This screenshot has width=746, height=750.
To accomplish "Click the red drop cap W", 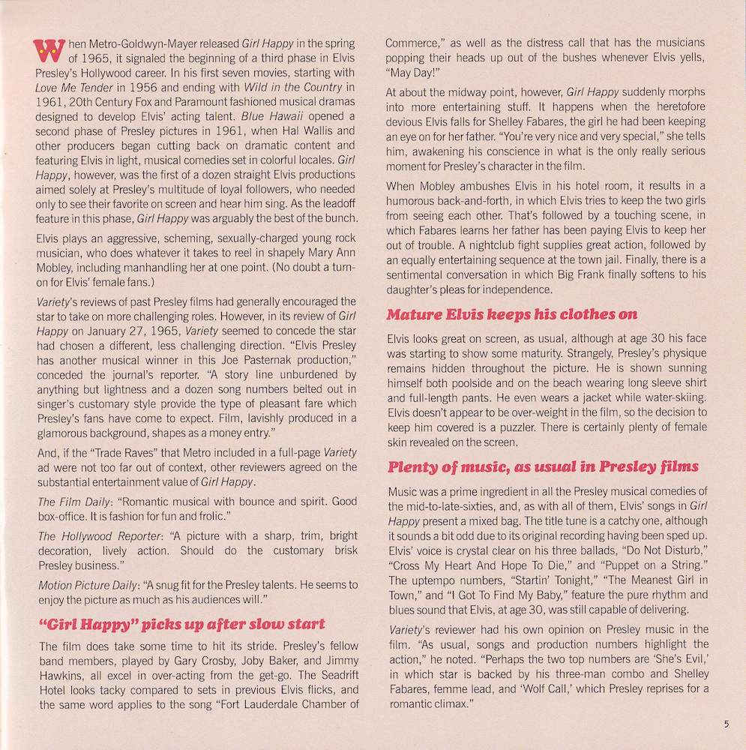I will coord(46,52).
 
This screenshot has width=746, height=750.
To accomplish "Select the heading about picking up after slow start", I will coord(181,624).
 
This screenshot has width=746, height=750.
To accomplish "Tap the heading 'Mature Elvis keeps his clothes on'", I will coord(512,315).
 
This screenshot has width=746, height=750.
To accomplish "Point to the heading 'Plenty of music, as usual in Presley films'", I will coord(543,468).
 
